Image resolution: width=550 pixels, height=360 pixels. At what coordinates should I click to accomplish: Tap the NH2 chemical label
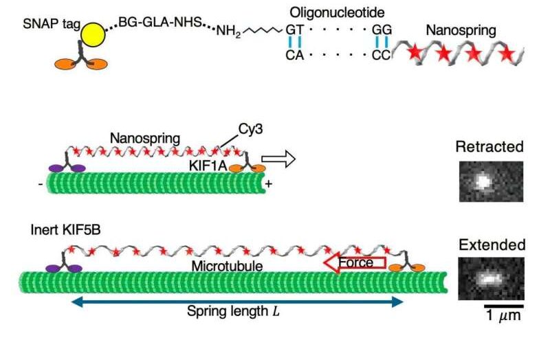[228, 31]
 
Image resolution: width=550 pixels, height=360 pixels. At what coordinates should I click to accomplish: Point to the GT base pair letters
[294, 30]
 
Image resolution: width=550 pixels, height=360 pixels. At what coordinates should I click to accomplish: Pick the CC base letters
[381, 56]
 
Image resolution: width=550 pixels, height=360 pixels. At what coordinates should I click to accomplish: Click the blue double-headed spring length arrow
[236, 300]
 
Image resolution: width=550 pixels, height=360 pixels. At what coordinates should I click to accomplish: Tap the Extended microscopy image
[491, 278]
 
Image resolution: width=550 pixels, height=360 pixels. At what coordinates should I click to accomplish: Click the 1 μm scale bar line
[503, 304]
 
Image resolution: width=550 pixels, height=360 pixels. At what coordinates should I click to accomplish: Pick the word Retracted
[489, 146]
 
